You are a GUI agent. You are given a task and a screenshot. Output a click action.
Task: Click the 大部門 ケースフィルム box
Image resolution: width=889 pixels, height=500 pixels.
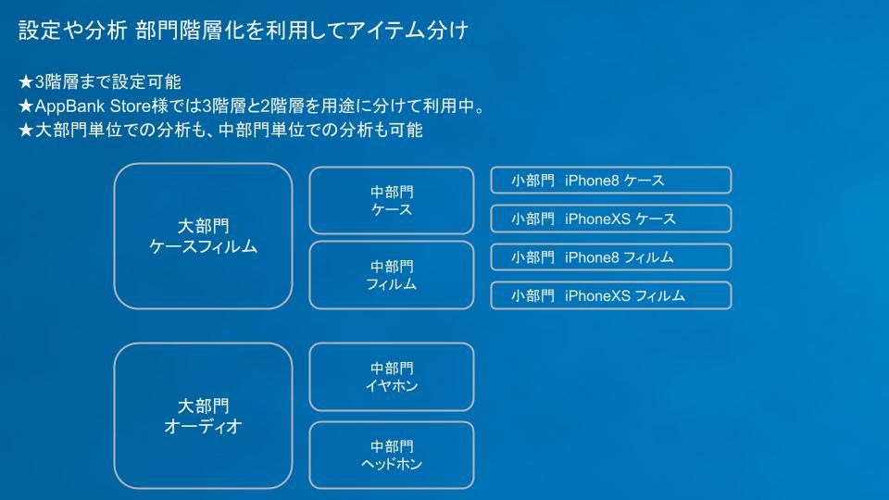click(203, 236)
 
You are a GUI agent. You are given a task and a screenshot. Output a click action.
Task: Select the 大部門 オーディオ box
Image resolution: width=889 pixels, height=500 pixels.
click(203, 416)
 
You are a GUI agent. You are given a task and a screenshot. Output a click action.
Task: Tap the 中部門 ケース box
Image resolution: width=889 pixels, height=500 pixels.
click(391, 200)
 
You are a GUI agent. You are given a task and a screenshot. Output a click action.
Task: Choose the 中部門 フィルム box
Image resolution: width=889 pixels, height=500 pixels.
click(391, 275)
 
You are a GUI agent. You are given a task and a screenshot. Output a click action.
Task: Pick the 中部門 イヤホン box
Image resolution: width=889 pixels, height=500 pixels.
click(391, 377)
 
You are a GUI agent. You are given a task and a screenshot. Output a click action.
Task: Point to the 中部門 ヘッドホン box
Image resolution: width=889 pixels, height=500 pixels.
click(391, 456)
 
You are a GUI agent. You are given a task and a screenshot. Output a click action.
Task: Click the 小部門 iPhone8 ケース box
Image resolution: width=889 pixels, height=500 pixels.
click(610, 181)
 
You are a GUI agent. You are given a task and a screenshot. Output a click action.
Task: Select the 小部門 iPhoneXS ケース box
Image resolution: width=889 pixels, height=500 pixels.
click(610, 219)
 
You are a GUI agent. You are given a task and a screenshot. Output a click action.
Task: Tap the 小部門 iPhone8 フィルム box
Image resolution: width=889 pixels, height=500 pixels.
click(610, 257)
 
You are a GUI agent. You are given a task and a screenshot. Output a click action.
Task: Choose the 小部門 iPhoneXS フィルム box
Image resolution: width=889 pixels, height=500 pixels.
click(610, 295)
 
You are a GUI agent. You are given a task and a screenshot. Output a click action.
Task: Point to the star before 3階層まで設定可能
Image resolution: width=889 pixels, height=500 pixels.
click(26, 82)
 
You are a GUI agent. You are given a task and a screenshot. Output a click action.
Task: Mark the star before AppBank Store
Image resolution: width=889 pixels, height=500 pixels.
click(26, 106)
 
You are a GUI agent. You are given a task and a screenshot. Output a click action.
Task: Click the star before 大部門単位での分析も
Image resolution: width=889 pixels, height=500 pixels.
click(26, 131)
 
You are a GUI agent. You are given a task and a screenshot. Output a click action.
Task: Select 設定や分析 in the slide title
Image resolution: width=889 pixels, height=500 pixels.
click(72, 30)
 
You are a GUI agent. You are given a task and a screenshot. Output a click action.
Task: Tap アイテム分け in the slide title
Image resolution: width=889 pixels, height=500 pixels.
click(408, 30)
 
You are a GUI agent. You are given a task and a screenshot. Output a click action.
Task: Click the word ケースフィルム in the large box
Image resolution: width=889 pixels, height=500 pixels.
click(203, 246)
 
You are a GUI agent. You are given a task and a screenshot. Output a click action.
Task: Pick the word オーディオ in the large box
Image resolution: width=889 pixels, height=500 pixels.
click(203, 426)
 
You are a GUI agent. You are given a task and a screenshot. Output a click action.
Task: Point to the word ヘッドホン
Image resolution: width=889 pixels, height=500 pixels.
click(391, 464)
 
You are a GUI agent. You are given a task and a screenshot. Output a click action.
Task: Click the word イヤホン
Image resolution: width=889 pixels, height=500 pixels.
click(391, 386)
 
